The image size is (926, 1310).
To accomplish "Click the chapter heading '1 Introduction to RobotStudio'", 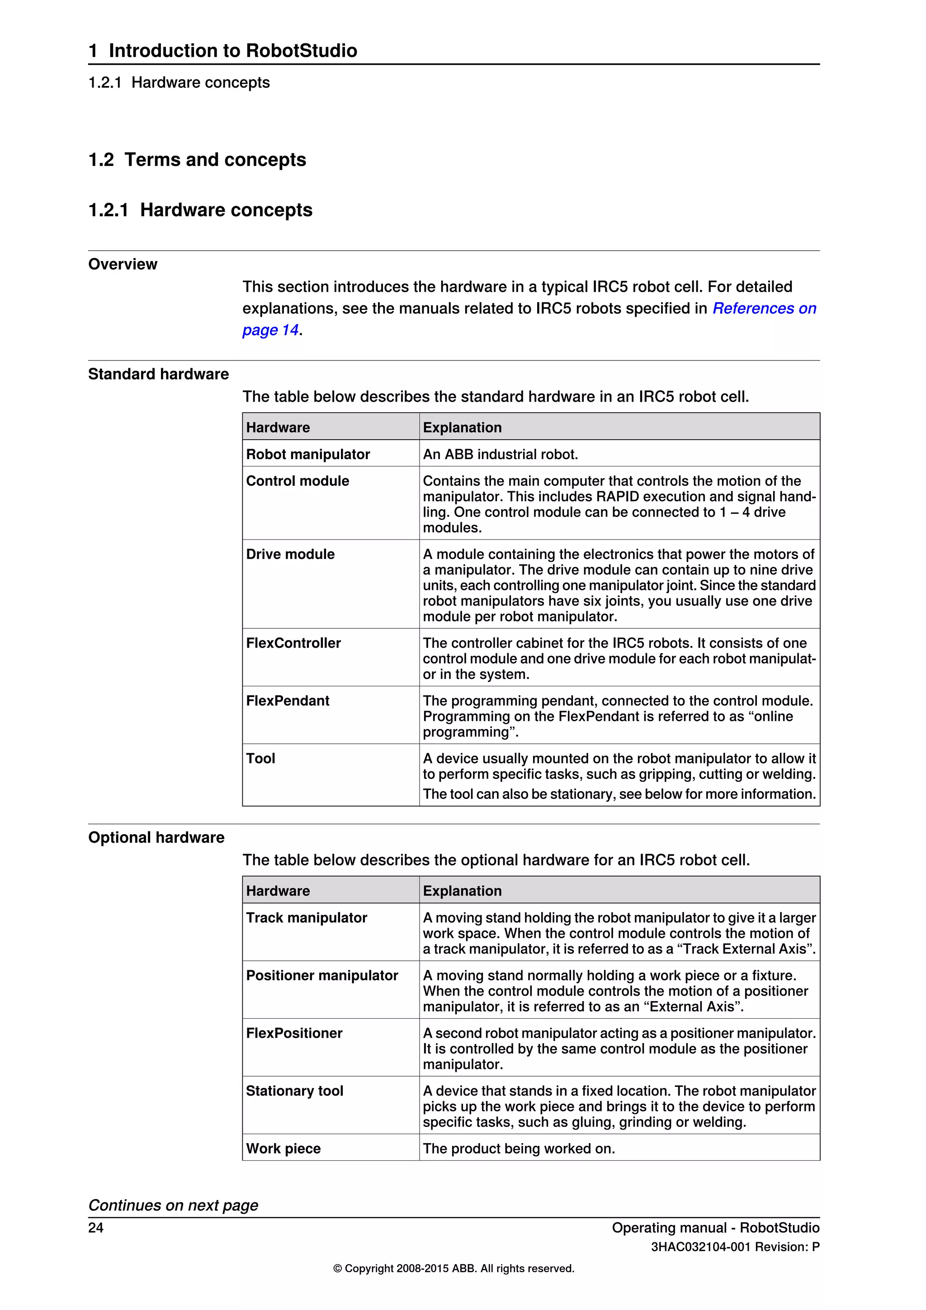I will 222,50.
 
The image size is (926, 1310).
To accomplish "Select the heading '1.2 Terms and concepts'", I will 197,160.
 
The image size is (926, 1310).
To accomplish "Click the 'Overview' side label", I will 123,264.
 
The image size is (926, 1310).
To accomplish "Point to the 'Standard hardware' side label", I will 159,374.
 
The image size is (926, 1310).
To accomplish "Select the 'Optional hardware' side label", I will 156,838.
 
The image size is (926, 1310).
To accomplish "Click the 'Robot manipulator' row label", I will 308,454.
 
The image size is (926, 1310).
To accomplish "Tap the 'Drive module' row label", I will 290,554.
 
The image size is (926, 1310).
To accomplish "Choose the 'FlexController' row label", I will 293,643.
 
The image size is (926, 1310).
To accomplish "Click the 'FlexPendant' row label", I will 288,701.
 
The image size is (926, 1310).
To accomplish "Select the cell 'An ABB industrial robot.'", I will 500,454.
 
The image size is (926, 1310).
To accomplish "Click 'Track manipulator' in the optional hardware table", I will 306,917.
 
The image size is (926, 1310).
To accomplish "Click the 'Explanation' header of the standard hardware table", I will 462,427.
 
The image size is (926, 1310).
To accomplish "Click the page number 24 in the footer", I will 96,1227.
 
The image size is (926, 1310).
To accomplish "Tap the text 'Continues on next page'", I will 173,1205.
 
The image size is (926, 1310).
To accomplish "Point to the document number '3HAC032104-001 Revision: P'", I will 735,1247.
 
